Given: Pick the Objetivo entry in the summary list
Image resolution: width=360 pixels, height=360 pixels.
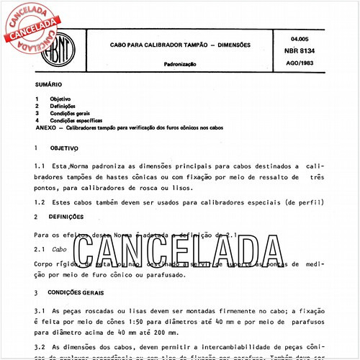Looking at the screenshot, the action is point(60,97).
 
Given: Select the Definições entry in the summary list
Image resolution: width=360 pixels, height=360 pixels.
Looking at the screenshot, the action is point(62,105).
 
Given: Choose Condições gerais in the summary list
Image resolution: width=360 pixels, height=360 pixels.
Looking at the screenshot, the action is point(68,113).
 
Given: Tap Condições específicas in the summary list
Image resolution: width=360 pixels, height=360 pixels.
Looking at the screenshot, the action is point(75,120).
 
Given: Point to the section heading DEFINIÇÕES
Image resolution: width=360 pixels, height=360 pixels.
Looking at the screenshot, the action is point(67,216).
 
